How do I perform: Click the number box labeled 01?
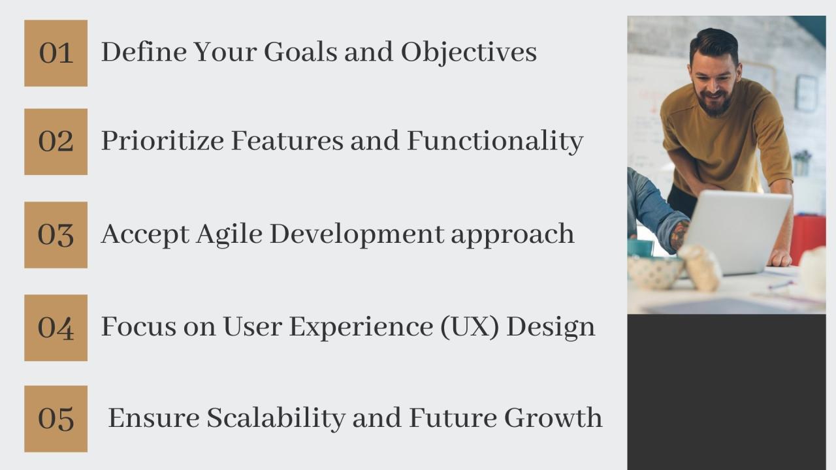56,53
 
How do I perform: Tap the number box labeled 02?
56,142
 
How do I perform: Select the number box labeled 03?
56,235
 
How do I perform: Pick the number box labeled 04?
56,328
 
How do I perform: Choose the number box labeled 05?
56,418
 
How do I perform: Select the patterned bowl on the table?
654,272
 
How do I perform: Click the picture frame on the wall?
806,93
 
